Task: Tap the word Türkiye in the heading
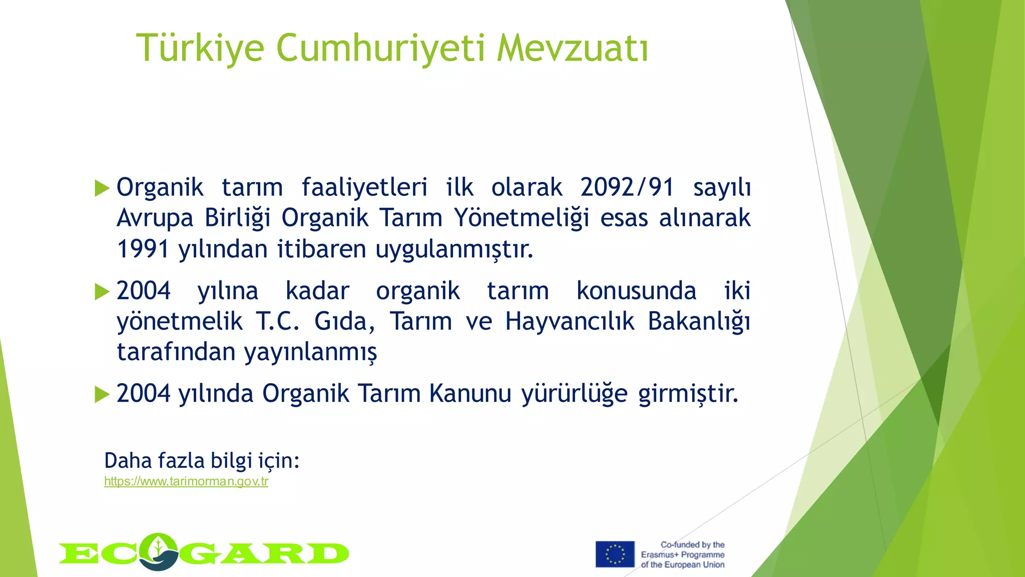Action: click(x=200, y=49)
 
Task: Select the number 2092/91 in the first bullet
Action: click(x=627, y=188)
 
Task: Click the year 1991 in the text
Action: click(x=143, y=249)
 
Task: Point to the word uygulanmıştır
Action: click(x=454, y=249)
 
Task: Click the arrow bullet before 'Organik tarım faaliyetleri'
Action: click(x=102, y=189)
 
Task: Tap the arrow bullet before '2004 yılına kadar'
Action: click(x=102, y=292)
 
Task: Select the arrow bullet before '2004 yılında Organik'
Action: click(x=102, y=394)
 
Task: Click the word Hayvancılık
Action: click(x=570, y=322)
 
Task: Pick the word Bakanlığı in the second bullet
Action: click(x=699, y=322)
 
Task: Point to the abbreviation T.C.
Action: click(x=278, y=322)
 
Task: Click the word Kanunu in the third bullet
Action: click(x=470, y=394)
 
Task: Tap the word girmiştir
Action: click(x=688, y=394)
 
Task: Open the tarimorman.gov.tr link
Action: click(x=186, y=482)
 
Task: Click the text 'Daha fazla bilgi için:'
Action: click(x=202, y=460)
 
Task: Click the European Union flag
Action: click(x=615, y=554)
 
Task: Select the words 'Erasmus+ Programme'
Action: click(x=683, y=555)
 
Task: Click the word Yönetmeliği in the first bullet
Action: click(x=521, y=218)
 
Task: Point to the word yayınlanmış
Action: click(x=310, y=353)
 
